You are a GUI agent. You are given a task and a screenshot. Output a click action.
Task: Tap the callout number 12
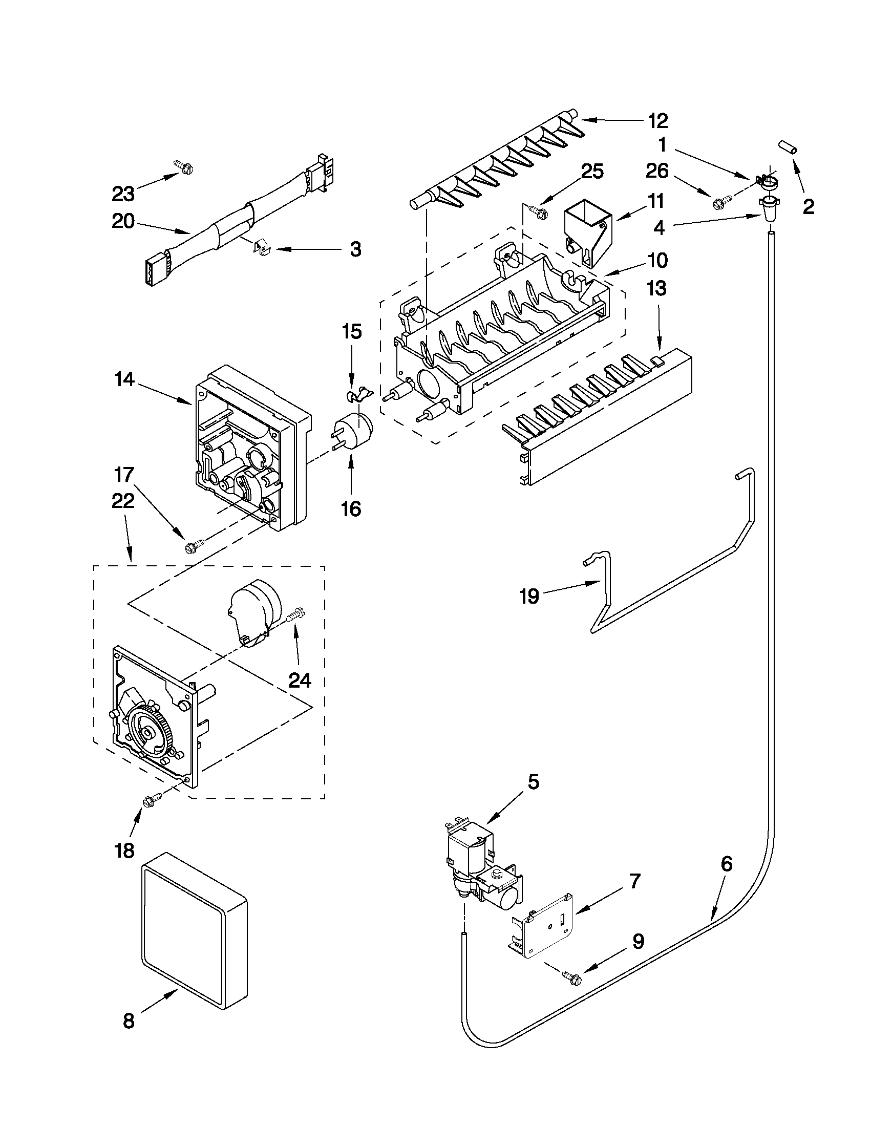pos(658,121)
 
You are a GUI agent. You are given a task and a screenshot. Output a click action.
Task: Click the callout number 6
pos(726,863)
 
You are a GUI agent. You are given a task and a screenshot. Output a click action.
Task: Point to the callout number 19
pos(529,596)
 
